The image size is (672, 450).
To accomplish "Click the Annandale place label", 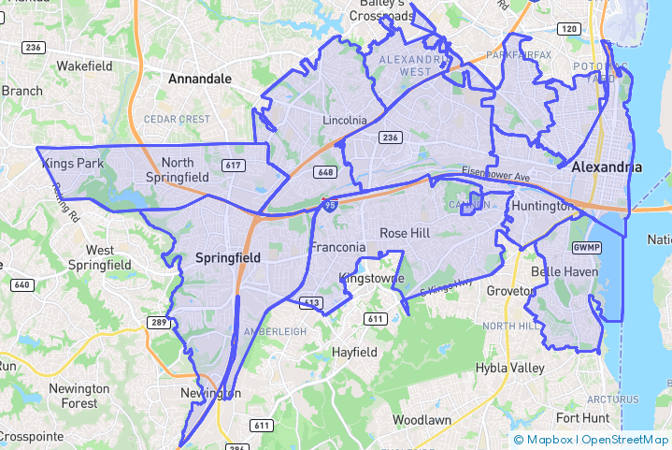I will point(199,80).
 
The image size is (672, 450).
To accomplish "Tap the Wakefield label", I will point(84,66).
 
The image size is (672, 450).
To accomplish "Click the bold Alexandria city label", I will point(607,167).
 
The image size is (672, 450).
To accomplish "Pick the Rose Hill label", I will point(405,233).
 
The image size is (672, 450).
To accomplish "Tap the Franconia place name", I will point(337,248).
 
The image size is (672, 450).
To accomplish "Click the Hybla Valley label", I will point(510,368).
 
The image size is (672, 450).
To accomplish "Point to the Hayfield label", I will point(354,352).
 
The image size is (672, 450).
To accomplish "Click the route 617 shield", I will point(234,166).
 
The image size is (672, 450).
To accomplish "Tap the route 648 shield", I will point(325,172).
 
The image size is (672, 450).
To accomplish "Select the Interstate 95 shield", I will point(330,204).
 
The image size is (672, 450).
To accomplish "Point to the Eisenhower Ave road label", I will point(494,175).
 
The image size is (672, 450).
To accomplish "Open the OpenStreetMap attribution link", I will point(624,439).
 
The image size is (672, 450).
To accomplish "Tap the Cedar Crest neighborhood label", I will point(177,119).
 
